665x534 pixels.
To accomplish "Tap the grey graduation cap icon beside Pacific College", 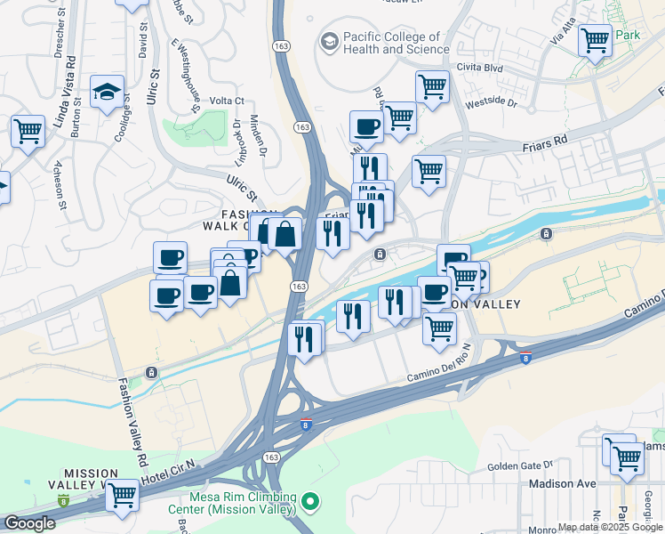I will [330, 42].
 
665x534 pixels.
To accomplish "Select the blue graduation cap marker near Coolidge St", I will [107, 92].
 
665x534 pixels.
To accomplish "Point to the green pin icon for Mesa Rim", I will [310, 504].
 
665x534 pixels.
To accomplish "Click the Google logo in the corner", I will [29, 523].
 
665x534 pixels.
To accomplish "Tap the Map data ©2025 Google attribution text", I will [610, 527].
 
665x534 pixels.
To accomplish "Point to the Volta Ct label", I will [227, 101].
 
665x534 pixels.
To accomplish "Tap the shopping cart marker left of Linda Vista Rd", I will [28, 132].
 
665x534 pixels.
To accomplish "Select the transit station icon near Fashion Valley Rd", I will [152, 372].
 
